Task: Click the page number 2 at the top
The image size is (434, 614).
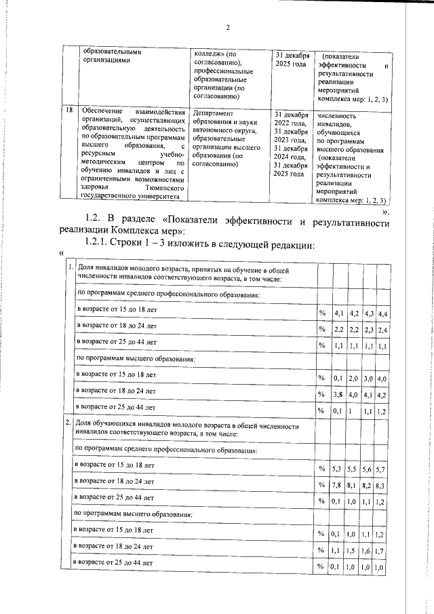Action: tap(228, 27)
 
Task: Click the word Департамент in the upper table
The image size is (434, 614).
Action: tap(214, 113)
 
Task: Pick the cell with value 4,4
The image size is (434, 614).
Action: tap(383, 313)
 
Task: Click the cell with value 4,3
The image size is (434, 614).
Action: tap(369, 313)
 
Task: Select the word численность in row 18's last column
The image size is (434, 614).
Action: tap(336, 116)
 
